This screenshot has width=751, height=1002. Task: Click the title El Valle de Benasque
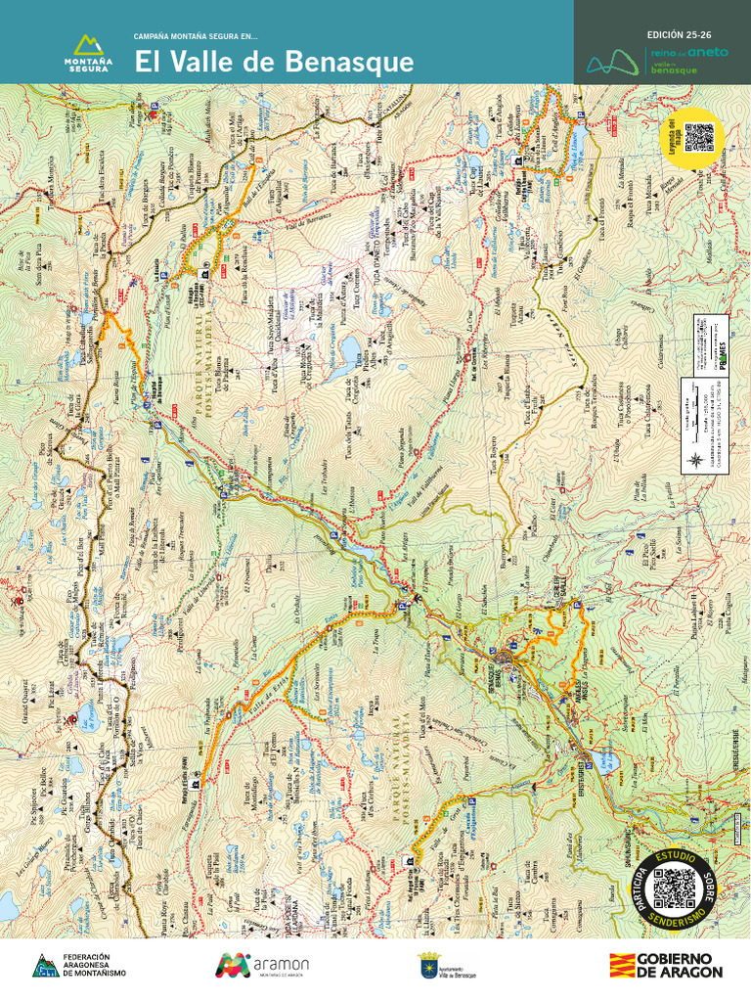tap(273, 62)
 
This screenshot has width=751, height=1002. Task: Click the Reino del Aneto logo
tap(657, 61)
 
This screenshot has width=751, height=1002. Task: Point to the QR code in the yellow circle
tap(696, 138)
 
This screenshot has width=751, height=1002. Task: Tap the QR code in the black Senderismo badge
tap(673, 887)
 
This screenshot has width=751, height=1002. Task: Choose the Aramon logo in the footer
tap(262, 965)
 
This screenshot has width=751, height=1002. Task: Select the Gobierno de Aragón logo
tap(666, 965)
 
